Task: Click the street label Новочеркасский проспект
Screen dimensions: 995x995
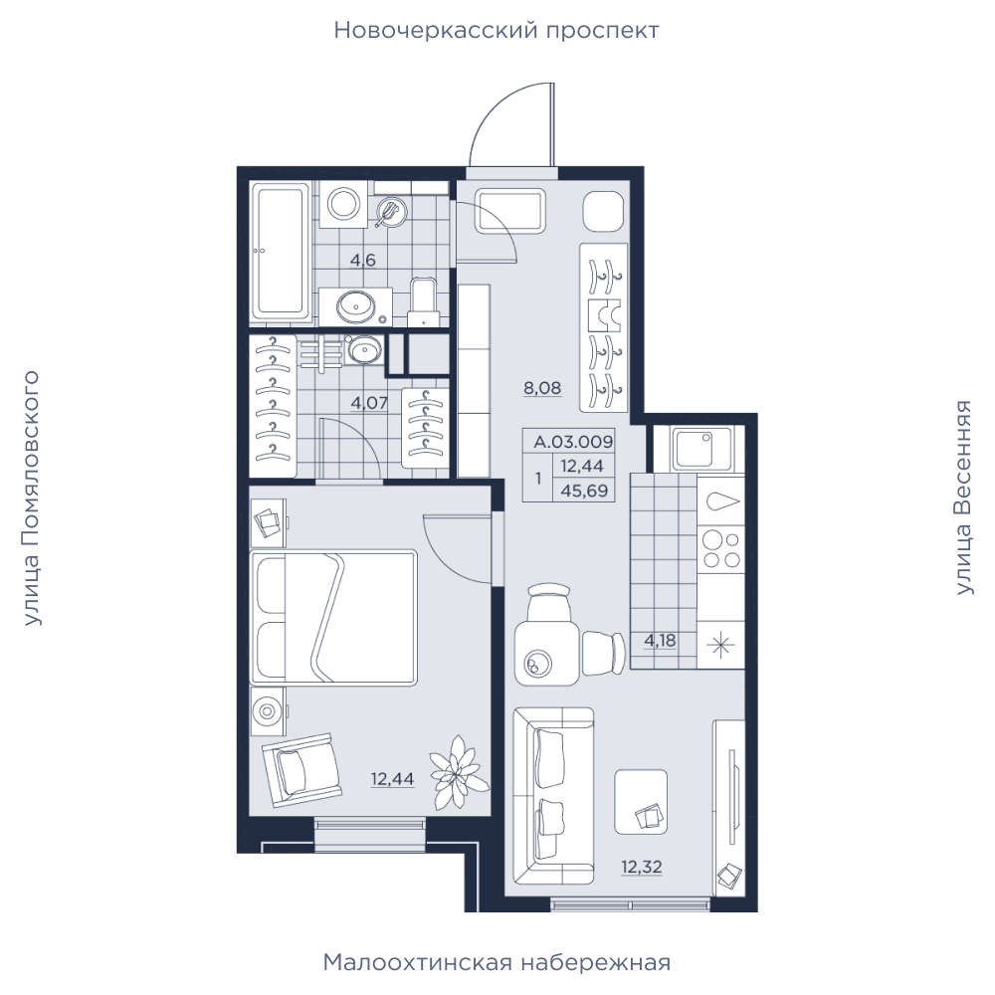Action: pos(497,31)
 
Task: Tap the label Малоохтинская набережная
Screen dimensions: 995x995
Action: pos(497,962)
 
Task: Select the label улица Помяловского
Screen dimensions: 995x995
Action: pos(31,498)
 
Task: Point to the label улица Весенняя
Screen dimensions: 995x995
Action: pos(963,497)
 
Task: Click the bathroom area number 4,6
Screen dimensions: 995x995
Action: pos(363,260)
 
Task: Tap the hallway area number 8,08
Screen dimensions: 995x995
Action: pos(542,388)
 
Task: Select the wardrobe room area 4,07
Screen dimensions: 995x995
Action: pos(369,402)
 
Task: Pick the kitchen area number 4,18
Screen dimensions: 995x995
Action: pos(660,640)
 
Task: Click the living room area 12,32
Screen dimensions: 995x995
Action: pos(642,867)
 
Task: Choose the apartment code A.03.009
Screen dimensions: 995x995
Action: pos(573,441)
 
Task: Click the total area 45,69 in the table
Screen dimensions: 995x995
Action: pos(584,491)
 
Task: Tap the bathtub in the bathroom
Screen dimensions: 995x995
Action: pos(280,251)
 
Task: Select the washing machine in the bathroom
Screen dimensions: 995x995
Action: pos(343,204)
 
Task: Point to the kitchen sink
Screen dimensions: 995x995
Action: pos(703,448)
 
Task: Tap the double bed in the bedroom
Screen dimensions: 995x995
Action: pos(333,618)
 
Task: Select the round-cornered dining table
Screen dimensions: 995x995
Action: pos(546,654)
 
